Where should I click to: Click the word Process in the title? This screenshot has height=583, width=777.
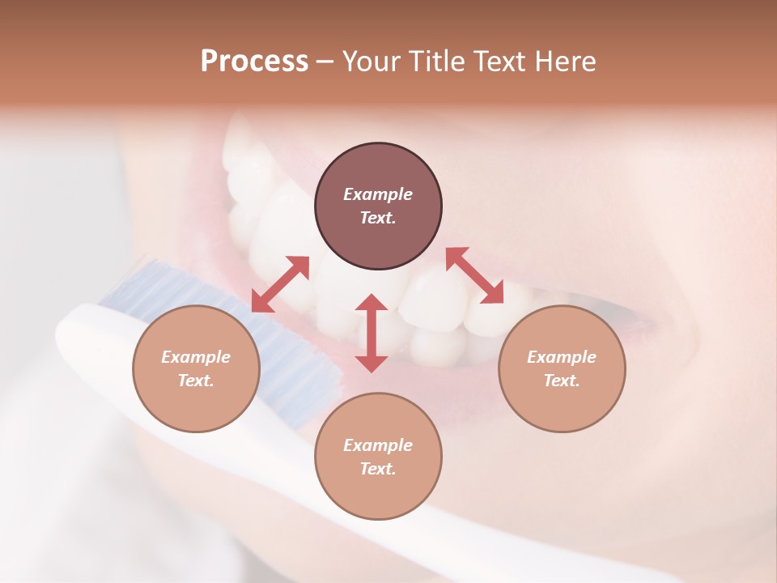coord(254,62)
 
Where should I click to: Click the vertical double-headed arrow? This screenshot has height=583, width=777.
coord(372,333)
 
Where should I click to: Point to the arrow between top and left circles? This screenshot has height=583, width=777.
coord(280,284)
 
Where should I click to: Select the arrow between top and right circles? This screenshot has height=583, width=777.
coord(474,275)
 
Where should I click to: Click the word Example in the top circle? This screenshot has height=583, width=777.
coord(378,194)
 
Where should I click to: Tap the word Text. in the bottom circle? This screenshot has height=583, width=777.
coord(378,469)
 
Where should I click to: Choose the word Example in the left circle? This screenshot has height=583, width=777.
coord(196,357)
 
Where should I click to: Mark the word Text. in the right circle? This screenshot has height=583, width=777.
coord(562,381)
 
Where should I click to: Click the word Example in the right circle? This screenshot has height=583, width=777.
coord(562,357)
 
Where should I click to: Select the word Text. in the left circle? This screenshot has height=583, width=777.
coord(196,381)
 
